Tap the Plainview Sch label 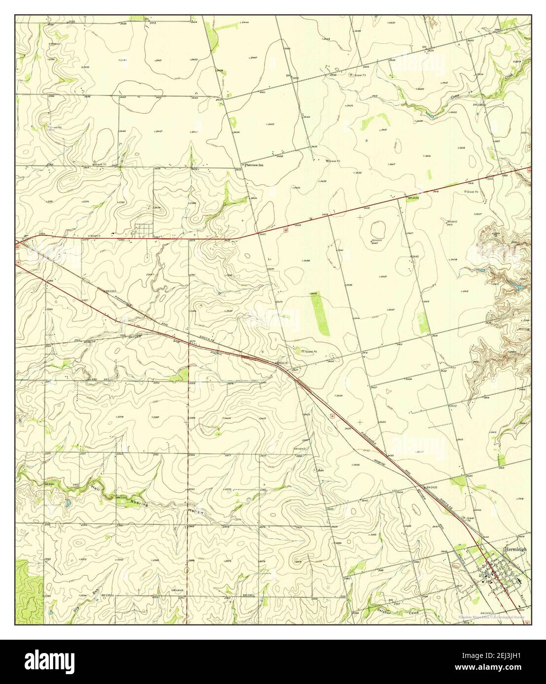click(x=254, y=165)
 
